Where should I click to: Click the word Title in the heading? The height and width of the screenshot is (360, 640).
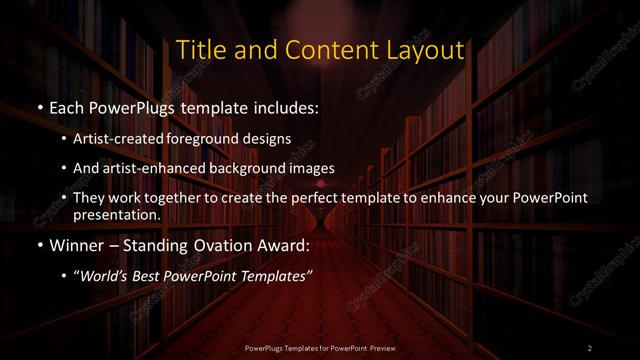tap(200, 49)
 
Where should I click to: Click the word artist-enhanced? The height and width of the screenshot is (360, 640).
tap(167, 168)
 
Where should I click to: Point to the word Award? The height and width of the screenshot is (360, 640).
tap(285, 245)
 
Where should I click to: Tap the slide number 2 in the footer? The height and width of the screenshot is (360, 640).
tap(590, 347)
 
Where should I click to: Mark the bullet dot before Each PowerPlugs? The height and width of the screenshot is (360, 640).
tap(39, 106)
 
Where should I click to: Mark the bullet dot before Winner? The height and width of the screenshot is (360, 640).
tap(39, 246)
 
